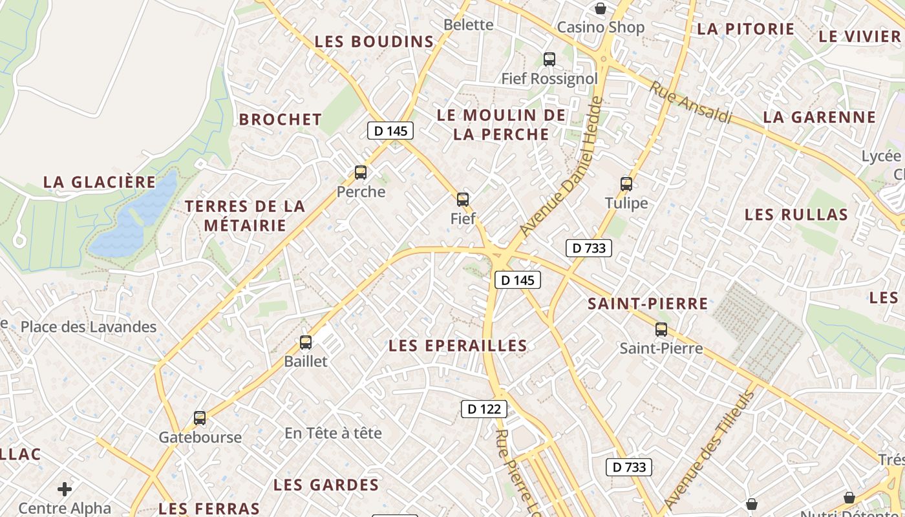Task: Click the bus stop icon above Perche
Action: (x=361, y=173)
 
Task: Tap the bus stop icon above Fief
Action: (x=463, y=199)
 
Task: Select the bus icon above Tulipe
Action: (x=626, y=184)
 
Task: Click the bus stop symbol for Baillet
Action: (x=306, y=343)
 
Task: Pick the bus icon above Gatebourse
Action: (x=200, y=418)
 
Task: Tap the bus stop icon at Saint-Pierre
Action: (x=661, y=330)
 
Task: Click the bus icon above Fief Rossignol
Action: (x=549, y=59)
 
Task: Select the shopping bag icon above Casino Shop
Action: (x=601, y=8)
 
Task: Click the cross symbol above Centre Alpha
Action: (x=65, y=489)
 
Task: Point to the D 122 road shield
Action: (x=484, y=408)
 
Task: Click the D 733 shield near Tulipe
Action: (x=589, y=248)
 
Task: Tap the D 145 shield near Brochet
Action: (x=390, y=131)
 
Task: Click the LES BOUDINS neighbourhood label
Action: (x=374, y=42)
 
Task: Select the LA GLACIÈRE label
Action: (x=100, y=182)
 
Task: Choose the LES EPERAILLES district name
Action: (x=458, y=346)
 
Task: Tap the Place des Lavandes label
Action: (x=89, y=327)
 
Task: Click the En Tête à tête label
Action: (x=333, y=433)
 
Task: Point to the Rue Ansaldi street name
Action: (x=691, y=102)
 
